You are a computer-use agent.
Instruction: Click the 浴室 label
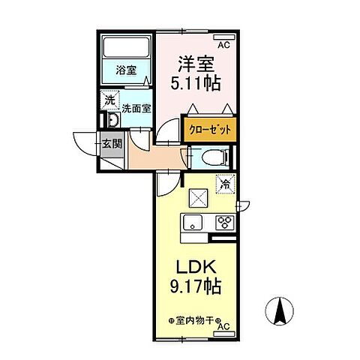click(126, 71)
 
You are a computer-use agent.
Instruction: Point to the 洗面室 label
click(136, 108)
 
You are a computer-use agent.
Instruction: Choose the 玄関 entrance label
click(112, 143)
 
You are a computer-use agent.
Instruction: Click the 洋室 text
click(196, 64)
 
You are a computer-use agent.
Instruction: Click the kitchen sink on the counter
click(192, 222)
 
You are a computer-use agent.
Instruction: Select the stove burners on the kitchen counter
click(223, 222)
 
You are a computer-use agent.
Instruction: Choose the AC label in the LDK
click(222, 327)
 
